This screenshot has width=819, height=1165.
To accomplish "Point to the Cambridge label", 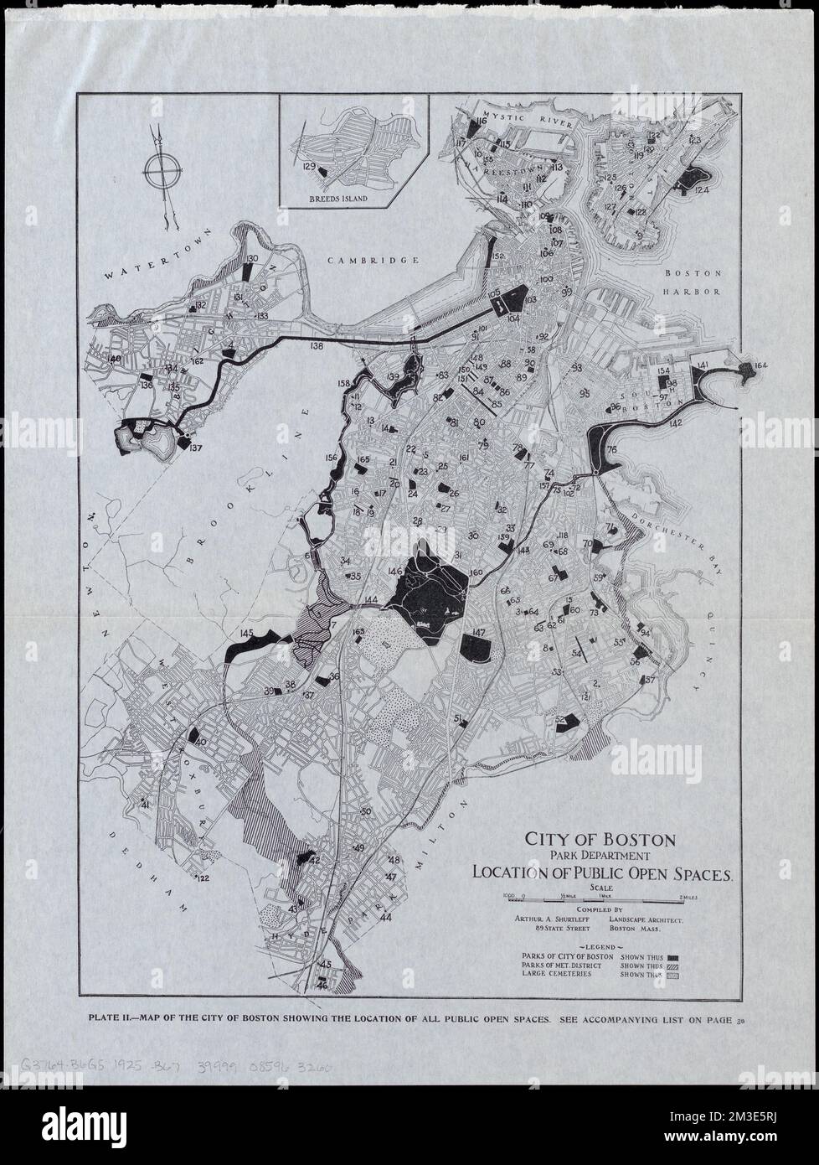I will click(373, 261).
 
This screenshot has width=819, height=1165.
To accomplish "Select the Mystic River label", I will click(530, 120).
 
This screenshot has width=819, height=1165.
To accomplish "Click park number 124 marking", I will click(701, 191).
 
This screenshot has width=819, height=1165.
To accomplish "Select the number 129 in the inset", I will click(309, 167).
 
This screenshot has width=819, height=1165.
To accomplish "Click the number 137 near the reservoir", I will click(196, 448).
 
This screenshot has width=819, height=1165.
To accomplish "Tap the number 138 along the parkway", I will click(316, 345).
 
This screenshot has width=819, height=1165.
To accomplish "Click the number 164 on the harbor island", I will click(760, 365).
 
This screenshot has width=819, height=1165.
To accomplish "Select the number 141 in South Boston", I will click(703, 365).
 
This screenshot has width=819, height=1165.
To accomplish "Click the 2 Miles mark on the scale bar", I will click(688, 897).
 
